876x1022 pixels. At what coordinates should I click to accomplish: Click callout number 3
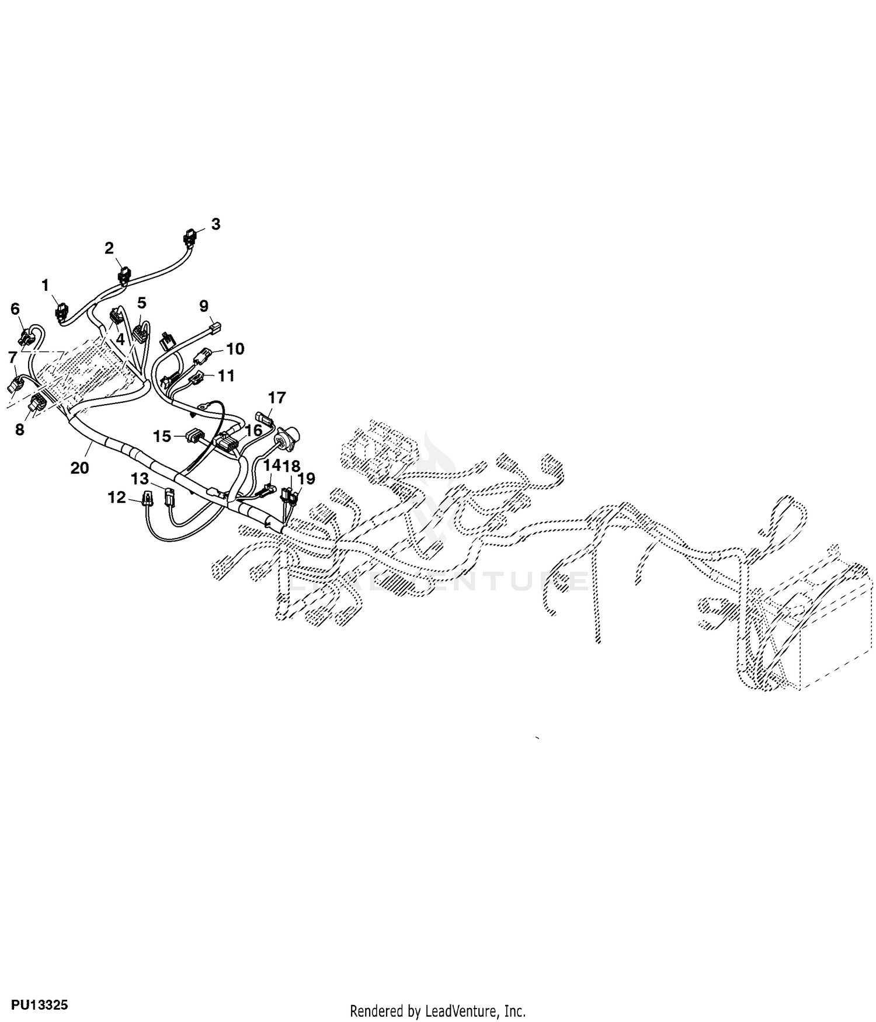tap(215, 224)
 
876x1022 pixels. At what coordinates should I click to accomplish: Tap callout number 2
tap(109, 248)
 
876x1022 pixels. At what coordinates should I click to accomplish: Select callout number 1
tap(46, 286)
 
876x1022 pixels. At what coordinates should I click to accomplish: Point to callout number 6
tap(15, 308)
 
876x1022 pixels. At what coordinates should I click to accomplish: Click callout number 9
tap(204, 306)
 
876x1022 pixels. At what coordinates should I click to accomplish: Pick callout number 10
tap(235, 349)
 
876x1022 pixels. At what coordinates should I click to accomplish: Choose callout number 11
tap(226, 375)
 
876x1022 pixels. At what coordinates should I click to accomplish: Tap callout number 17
tap(277, 398)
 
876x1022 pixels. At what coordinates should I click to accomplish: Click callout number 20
tap(79, 468)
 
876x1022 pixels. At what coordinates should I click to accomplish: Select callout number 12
tap(117, 498)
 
